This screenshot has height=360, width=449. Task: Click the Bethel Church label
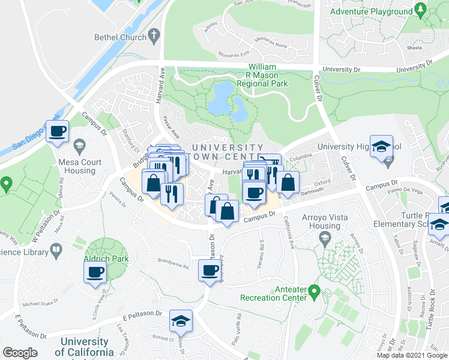tap(120, 37)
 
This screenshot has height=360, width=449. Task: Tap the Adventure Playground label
tap(372, 11)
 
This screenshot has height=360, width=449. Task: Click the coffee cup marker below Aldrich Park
tap(95, 273)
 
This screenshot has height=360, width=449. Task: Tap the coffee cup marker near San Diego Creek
tap(58, 131)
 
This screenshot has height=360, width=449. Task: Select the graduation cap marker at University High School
tap(381, 147)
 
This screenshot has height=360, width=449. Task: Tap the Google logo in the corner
tap(20, 353)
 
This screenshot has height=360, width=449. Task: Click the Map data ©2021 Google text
tap(412, 355)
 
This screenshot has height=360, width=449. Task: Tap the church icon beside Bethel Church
tap(154, 37)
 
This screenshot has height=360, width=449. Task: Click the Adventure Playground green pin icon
tap(420, 11)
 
